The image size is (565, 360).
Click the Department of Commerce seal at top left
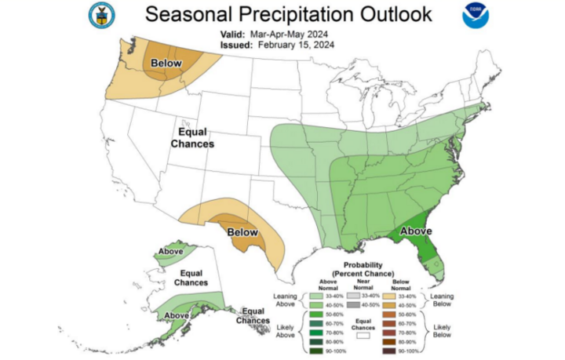tap(102, 13)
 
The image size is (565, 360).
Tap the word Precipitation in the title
tap(288, 15)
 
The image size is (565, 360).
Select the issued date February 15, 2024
tap(292, 45)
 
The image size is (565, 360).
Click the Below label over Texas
tap(242, 232)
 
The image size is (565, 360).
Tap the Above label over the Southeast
tap(416, 231)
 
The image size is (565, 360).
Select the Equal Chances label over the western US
tap(193, 138)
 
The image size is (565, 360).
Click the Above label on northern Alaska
tap(171, 252)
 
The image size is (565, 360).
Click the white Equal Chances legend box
tap(363, 334)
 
